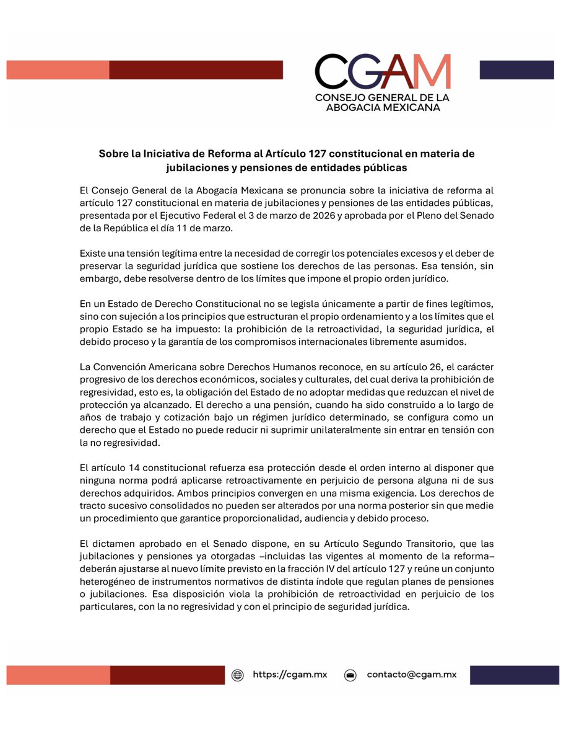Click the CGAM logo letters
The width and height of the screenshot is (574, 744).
(381, 72)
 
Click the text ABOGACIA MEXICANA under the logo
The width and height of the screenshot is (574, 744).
(382, 107)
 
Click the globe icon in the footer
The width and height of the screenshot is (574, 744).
(237, 675)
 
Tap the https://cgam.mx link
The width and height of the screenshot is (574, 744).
(290, 675)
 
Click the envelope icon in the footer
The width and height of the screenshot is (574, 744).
(350, 675)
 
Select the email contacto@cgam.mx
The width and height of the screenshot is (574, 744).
(411, 675)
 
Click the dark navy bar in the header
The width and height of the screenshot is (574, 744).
(516, 69)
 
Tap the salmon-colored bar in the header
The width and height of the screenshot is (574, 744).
(58, 69)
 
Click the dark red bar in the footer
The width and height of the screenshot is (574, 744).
(167, 675)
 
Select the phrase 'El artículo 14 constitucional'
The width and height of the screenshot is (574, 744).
(142, 467)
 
